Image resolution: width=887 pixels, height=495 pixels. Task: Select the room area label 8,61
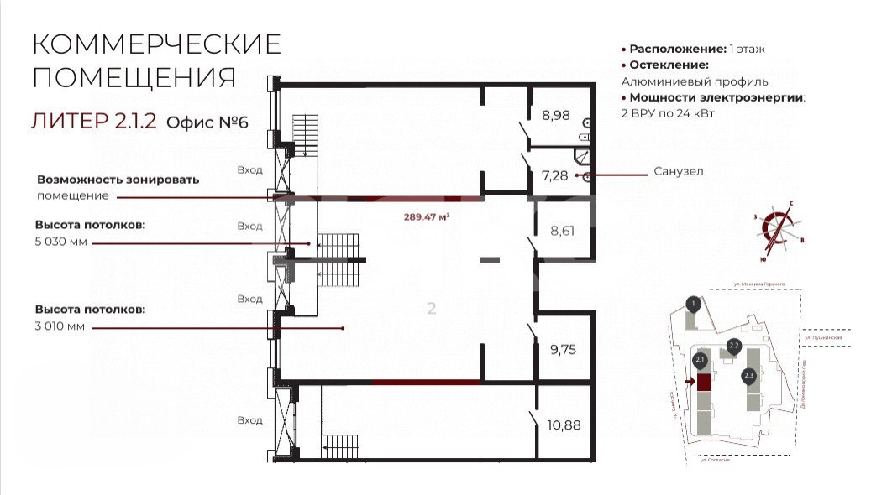pyautogui.click(x=562, y=229)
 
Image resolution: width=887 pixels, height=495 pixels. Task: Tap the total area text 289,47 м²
pyautogui.click(x=427, y=216)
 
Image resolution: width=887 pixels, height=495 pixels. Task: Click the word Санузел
pyautogui.click(x=678, y=172)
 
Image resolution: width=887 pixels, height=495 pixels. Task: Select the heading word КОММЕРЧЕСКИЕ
pyautogui.click(x=156, y=44)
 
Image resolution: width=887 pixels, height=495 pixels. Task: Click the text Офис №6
pyautogui.click(x=207, y=122)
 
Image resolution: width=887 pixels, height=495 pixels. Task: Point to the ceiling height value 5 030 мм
pyautogui.click(x=60, y=242)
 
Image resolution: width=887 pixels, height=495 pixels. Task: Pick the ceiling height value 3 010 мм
pyautogui.click(x=60, y=326)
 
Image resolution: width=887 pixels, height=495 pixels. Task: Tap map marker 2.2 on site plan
pyautogui.click(x=733, y=346)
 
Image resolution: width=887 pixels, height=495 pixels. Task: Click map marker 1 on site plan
pyautogui.click(x=692, y=304)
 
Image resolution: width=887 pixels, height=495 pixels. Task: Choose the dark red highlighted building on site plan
pyautogui.click(x=704, y=383)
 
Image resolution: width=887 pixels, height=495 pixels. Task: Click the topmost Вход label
pyautogui.click(x=249, y=170)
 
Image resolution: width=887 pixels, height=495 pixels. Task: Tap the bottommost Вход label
pyautogui.click(x=249, y=420)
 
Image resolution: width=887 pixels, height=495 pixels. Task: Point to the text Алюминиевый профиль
pyautogui.click(x=695, y=81)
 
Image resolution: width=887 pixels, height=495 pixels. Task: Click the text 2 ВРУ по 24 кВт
pyautogui.click(x=668, y=113)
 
